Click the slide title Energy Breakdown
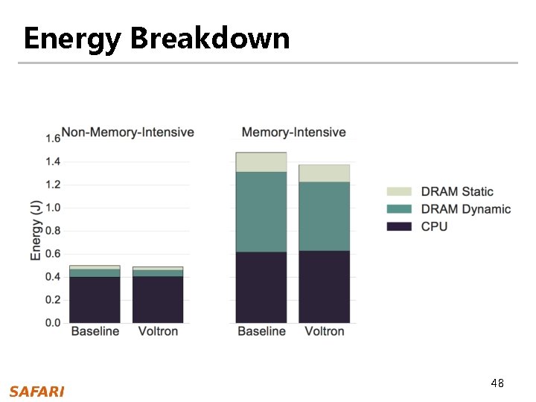click(x=156, y=38)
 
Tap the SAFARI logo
click(x=36, y=392)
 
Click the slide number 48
click(x=497, y=383)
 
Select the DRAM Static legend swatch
click(x=399, y=192)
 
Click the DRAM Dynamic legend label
click(x=466, y=209)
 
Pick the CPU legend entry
click(x=434, y=226)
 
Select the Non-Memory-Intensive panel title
click(x=127, y=133)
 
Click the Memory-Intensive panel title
click(x=293, y=133)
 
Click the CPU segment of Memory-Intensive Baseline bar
click(x=261, y=287)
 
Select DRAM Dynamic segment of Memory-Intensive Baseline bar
click(x=261, y=211)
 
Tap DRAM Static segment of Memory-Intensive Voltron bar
click(x=324, y=173)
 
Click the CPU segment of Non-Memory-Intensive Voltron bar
click(x=158, y=300)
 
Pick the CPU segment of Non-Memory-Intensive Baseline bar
click(x=95, y=300)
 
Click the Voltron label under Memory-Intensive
click(x=325, y=331)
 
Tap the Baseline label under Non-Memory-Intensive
click(x=95, y=331)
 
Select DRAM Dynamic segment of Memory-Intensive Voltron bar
click(x=324, y=216)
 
